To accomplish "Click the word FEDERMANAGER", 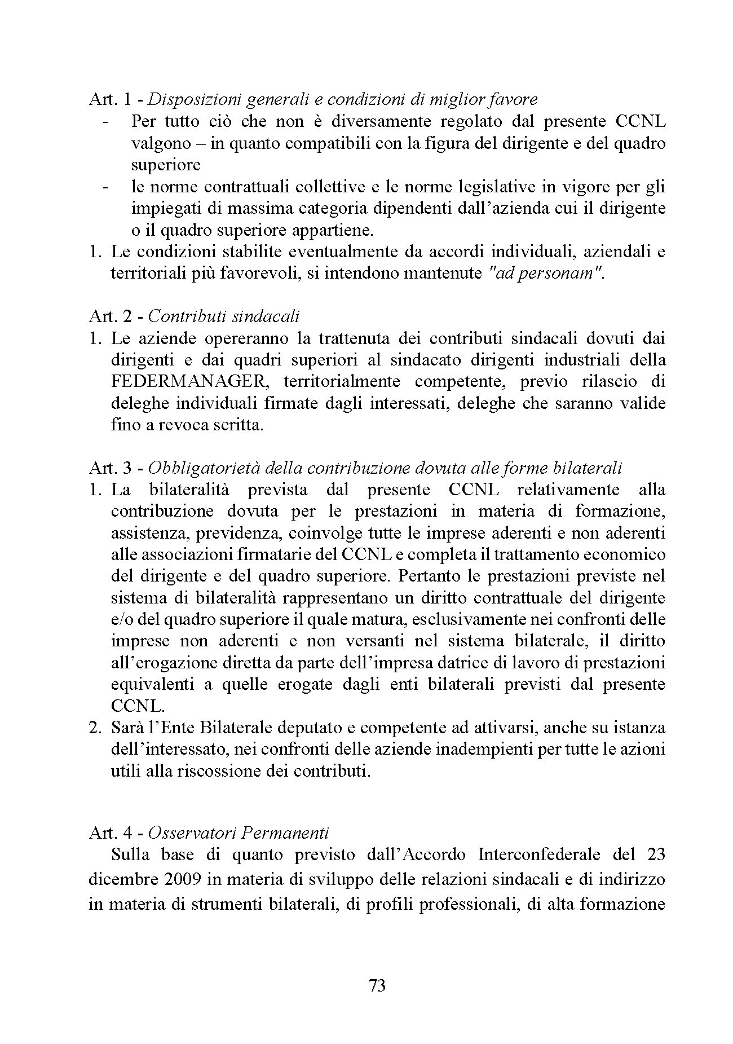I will coord(189,381).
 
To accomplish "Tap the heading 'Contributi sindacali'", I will coord(224,316).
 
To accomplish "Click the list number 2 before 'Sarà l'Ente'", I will coord(94,728).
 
